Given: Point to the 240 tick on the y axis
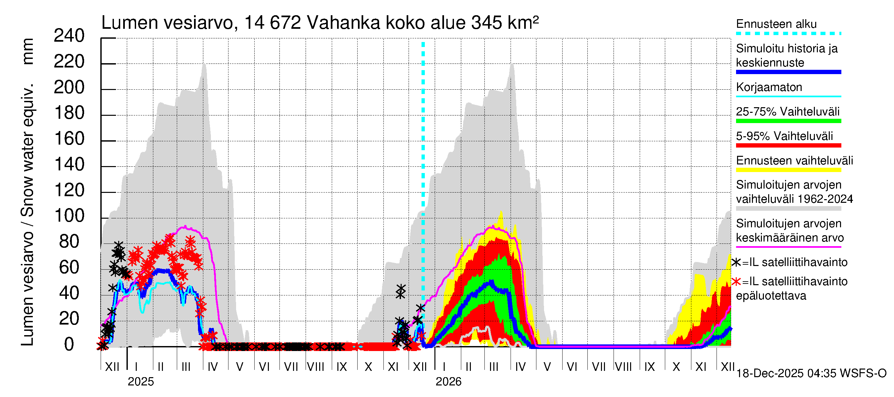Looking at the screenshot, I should [x=69, y=36].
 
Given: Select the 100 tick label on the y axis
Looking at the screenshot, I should [x=69, y=216].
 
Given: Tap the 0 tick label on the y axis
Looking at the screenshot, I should [x=69, y=345].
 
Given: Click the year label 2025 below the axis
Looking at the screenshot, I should [x=140, y=382].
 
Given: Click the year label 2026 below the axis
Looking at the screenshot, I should [x=448, y=382].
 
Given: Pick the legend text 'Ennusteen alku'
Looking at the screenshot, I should [x=776, y=24].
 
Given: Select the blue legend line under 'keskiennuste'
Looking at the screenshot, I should [x=788, y=72].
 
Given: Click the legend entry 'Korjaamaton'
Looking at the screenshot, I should [x=769, y=87].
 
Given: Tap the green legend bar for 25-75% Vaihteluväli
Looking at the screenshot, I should [x=788, y=121].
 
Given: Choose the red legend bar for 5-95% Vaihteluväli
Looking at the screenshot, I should [x=788, y=146].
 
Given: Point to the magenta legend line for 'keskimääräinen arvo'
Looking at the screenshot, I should [x=788, y=247].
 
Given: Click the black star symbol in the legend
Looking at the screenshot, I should [x=736, y=262].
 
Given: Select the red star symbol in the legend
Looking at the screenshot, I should [x=736, y=282].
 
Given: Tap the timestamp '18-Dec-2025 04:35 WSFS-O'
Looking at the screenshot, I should [x=811, y=374].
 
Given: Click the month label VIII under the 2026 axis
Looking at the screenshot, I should [x=623, y=367].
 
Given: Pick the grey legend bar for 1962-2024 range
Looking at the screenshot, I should [x=788, y=209].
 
